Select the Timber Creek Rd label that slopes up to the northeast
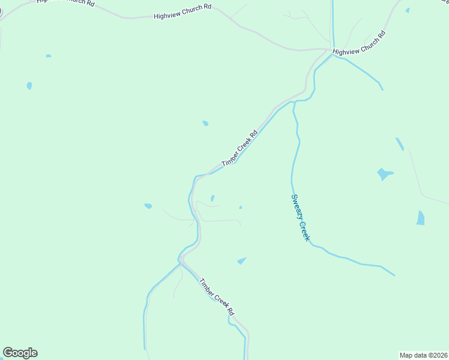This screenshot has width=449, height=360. point(239,149)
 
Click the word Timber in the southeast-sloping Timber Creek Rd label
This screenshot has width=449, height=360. point(206,286)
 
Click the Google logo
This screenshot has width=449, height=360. point(20,353)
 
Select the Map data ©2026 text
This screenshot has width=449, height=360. point(423,355)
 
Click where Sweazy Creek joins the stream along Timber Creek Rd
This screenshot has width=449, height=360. point(293,102)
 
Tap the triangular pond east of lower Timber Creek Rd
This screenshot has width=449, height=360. point(242,260)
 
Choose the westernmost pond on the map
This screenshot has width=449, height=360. point(29,86)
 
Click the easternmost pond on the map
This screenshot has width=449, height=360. point(420,218)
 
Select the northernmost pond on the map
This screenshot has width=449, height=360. point(408,10)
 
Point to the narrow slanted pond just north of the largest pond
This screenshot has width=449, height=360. point(400,144)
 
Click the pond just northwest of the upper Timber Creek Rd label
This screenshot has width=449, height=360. point(205,124)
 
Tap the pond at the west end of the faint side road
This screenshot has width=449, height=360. point(148,206)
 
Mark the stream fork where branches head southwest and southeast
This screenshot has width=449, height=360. point(179,261)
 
